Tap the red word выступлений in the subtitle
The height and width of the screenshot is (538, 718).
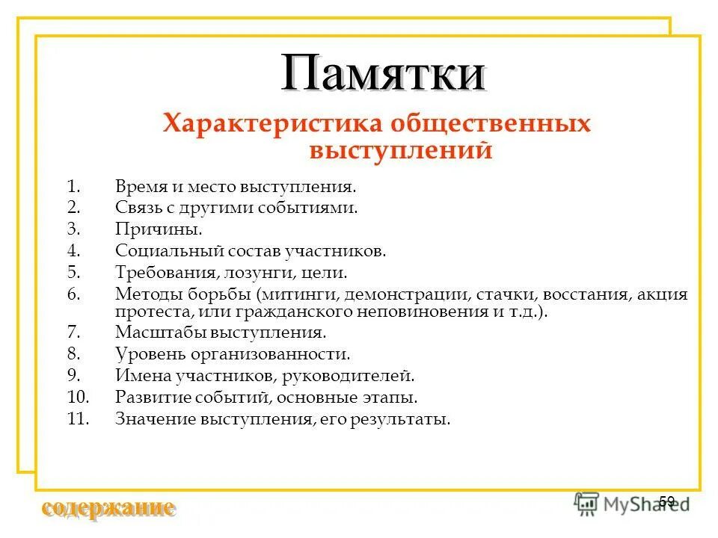coord(401,150)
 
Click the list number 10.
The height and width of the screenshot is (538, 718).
coord(78,398)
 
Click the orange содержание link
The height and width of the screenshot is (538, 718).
coord(108,509)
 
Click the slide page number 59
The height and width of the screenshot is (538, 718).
coord(667,501)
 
